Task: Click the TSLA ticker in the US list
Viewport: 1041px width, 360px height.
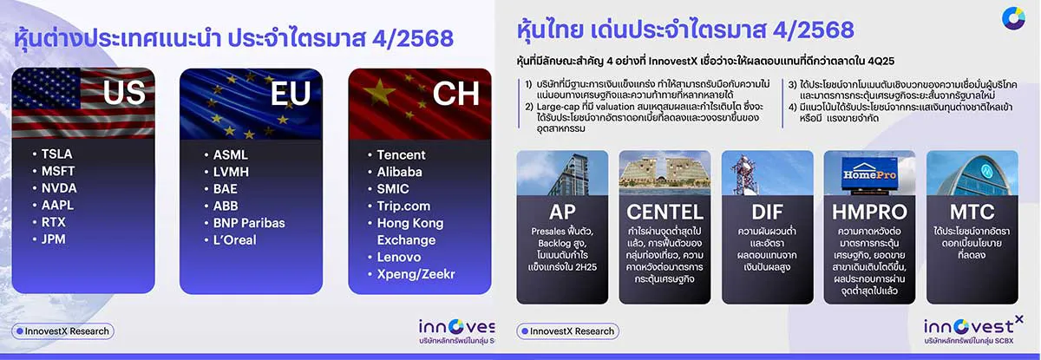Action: click(x=57, y=154)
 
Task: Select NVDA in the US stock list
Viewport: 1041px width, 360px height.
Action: click(x=59, y=188)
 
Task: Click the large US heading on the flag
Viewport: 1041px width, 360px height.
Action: click(x=124, y=93)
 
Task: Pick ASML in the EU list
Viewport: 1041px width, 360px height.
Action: click(x=230, y=154)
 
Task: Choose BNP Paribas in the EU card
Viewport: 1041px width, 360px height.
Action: click(x=249, y=222)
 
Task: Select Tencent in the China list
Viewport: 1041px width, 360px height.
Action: click(x=401, y=154)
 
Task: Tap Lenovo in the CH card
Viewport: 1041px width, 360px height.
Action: click(x=399, y=257)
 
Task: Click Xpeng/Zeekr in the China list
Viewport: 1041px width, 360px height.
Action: click(x=416, y=274)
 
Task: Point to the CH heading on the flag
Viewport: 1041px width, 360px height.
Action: click(x=455, y=93)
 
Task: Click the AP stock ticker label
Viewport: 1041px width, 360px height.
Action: click(x=562, y=212)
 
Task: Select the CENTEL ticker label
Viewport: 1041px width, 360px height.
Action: click(x=665, y=212)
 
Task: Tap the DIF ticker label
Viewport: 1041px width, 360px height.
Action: click(x=767, y=212)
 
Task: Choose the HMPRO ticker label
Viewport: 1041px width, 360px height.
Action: click(x=869, y=212)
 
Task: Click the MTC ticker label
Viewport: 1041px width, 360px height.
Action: click(x=972, y=212)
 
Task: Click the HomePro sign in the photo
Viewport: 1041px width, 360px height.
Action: click(x=867, y=174)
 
